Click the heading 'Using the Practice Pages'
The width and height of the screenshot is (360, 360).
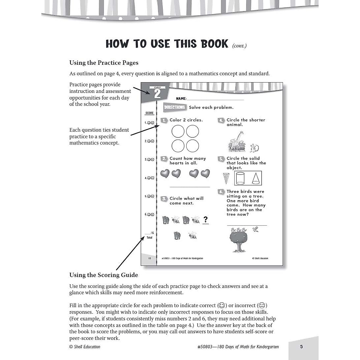(104, 63)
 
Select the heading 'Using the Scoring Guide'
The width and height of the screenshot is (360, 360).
(103, 275)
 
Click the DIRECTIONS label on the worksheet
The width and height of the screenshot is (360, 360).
(174, 107)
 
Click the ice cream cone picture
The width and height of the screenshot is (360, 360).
(226, 178)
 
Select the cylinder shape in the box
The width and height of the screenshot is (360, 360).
(240, 178)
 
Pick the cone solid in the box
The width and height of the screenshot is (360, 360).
(255, 178)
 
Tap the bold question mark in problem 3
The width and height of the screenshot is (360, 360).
(205, 220)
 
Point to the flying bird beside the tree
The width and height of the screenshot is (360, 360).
(256, 229)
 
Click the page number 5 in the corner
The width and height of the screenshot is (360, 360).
(301, 346)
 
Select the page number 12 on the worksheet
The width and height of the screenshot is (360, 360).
(149, 258)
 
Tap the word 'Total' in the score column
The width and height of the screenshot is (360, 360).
(149, 238)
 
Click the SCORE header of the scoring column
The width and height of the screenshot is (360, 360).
(149, 113)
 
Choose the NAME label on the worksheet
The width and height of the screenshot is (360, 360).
(181, 99)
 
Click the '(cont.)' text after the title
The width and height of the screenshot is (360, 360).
(239, 46)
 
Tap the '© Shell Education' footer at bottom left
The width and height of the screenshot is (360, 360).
(85, 347)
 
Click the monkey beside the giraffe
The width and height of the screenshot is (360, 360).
(254, 147)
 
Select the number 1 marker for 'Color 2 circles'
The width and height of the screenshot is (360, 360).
(164, 120)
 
